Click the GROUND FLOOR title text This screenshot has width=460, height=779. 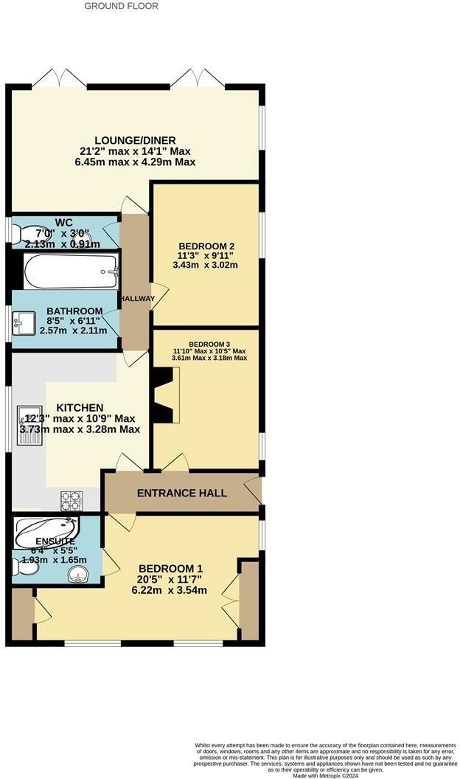[121, 6]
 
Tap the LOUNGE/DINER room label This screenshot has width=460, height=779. [135, 140]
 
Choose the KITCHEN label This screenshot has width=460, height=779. [80, 408]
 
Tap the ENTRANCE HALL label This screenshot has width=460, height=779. [181, 494]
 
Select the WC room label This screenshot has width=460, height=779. [64, 222]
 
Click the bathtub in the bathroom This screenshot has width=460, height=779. [70, 272]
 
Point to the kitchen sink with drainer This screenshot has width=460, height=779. [31, 427]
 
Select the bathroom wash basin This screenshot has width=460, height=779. [24, 322]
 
